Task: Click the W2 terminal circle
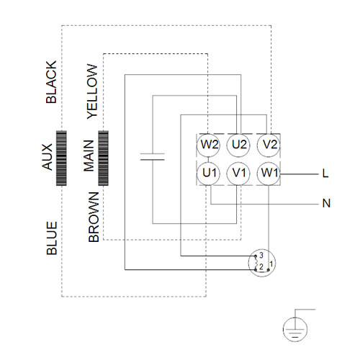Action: tap(208, 145)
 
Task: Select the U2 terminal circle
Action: tap(238, 145)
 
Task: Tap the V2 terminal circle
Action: tap(269, 145)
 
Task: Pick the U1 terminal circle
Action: tap(208, 174)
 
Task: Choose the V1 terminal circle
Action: tap(238, 174)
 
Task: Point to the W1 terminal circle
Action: tap(269, 174)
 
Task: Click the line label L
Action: tap(325, 174)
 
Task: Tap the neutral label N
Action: tap(326, 204)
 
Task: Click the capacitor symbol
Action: tap(153, 157)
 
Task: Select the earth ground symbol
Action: tap(295, 329)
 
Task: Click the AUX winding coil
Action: tap(61, 158)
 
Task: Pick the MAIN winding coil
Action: tap(104, 158)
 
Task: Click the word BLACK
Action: tap(51, 82)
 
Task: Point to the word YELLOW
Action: tap(92, 91)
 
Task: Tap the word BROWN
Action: tap(94, 217)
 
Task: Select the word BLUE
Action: tap(52, 238)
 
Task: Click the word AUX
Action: tap(47, 157)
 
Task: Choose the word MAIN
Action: tap(89, 156)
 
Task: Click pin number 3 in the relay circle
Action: tap(261, 255)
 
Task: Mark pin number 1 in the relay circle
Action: tap(271, 264)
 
